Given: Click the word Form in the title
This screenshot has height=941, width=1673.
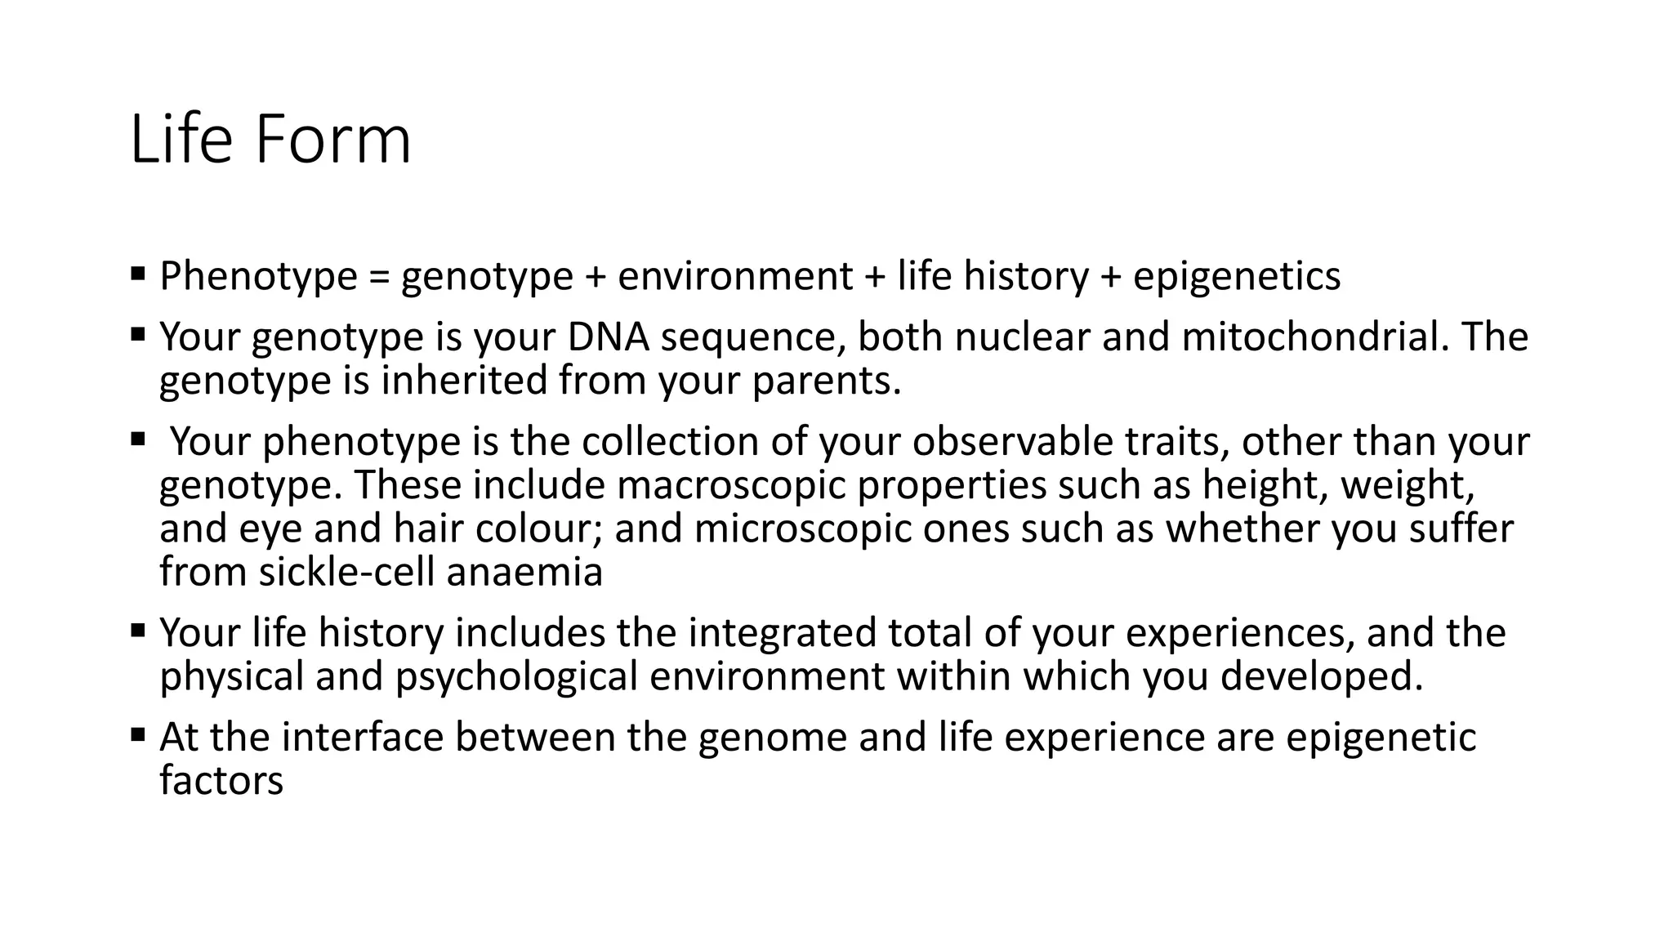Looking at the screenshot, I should (332, 140).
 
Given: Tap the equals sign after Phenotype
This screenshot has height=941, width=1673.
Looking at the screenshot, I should (379, 276).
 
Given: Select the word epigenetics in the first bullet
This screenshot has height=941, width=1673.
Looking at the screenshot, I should (1236, 276).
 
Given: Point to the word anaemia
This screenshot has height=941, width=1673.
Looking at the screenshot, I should (524, 572).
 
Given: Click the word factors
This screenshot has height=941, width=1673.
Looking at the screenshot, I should (221, 780).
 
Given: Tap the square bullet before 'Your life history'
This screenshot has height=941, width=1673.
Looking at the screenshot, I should (137, 631).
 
